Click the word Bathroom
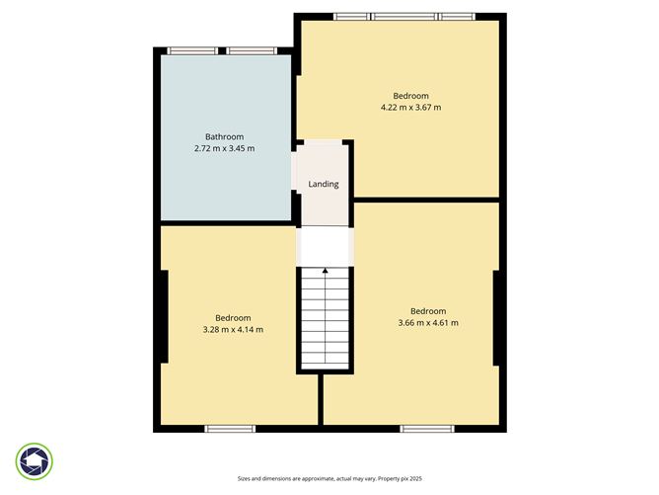coord(224,136)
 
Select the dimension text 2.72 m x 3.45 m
coord(224,148)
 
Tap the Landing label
coord(324,184)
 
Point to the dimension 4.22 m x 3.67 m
coord(410,107)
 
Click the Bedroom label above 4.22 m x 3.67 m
coord(410,95)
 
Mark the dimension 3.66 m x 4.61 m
coord(428,322)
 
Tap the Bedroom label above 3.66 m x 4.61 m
coord(428,310)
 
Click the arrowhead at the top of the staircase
coord(325,269)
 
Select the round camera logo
coord(35,460)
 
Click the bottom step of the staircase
coord(325,365)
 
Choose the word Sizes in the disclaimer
coord(246,477)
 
